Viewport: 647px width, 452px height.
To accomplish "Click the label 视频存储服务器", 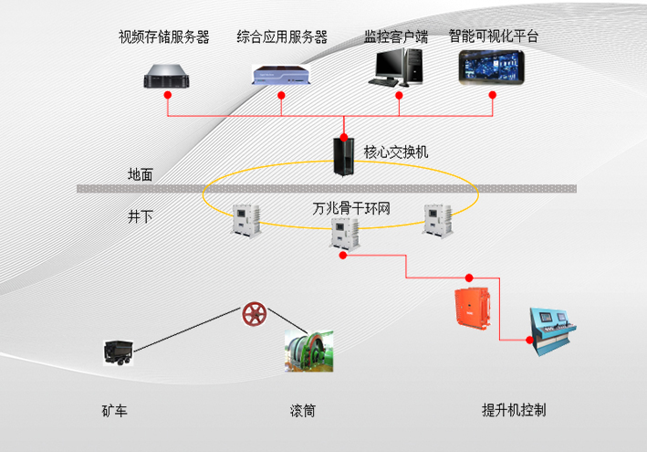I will pos(164,37).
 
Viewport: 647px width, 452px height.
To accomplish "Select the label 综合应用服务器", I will pos(282,37).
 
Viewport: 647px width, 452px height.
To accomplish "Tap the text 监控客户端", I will pos(396,37).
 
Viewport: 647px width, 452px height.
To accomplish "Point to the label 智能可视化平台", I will pos(494,37).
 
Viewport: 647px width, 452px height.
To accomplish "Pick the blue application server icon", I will pos(281,76).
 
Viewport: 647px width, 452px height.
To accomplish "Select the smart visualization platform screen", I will pos(493,68).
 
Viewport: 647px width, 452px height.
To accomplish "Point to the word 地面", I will pos(141,173).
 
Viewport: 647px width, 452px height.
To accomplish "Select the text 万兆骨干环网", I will pos(351,209).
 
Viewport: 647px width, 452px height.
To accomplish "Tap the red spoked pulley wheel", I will pos(255,316).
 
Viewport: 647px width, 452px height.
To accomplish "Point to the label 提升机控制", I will pos(514,410).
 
